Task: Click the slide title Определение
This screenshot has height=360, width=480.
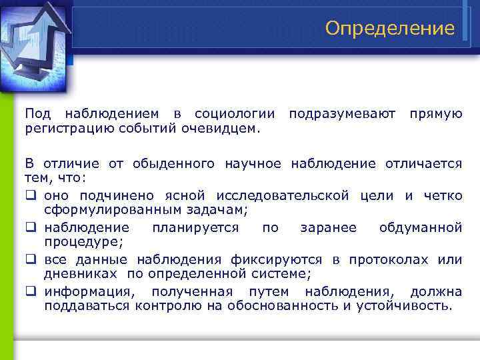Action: (x=390, y=28)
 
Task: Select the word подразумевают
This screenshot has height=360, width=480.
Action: (x=342, y=114)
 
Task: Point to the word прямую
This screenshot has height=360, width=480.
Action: (x=435, y=114)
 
